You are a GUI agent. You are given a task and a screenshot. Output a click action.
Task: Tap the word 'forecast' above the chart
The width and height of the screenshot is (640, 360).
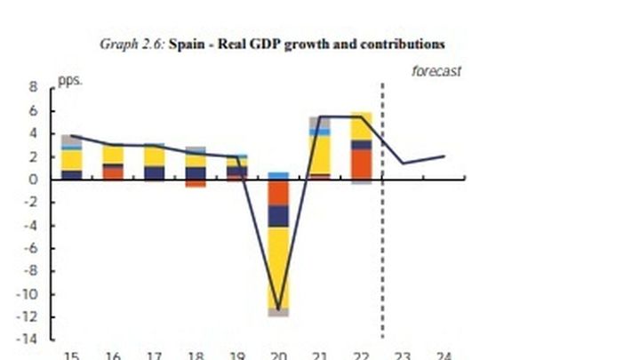pos(436,71)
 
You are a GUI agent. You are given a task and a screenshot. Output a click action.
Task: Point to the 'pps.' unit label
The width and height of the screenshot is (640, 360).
pos(69,80)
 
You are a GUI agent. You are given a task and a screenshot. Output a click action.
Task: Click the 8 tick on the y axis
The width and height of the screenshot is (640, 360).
pos(33,88)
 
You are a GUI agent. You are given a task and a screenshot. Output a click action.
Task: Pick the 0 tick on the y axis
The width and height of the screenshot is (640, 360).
pos(33,180)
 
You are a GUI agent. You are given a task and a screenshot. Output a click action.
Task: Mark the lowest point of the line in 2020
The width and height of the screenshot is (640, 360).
pos(278,309)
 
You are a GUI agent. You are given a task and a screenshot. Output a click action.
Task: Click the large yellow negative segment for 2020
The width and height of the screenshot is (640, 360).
pos(278,267)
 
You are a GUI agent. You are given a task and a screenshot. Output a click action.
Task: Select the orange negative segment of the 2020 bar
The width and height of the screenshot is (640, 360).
pos(278,193)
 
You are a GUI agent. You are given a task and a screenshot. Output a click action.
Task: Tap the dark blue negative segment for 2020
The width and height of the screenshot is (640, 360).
pos(278,216)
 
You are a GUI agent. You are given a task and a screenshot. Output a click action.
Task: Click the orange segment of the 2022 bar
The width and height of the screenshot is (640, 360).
pos(361,163)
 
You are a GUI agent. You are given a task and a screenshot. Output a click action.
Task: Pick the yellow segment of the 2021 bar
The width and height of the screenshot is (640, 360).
pos(320,154)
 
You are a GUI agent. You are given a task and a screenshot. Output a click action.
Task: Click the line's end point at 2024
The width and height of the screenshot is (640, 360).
pos(444,156)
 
